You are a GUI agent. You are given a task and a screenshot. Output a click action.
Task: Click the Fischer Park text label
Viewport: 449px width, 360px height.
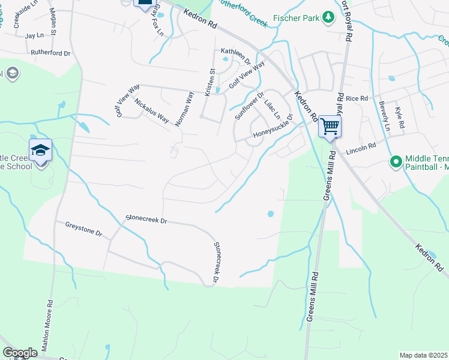point(297,19)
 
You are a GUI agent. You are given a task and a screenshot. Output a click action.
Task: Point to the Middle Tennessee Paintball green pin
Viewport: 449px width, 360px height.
point(396,161)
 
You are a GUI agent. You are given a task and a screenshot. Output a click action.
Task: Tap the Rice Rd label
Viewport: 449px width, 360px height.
point(356,98)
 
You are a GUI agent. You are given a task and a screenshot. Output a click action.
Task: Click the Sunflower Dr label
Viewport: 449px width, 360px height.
point(249,106)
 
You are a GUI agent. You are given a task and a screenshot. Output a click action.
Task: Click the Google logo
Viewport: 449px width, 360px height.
point(20,353)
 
